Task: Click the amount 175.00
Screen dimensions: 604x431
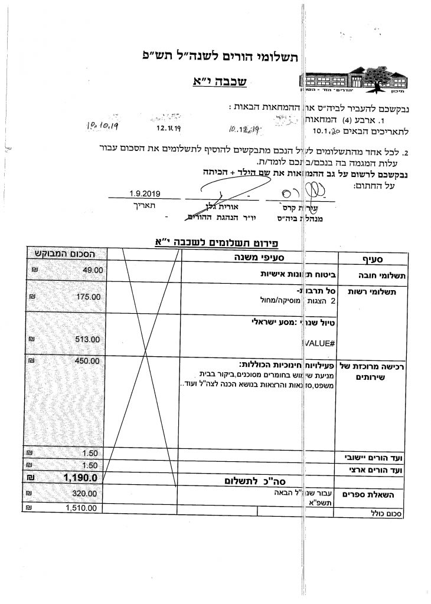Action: tap(89, 297)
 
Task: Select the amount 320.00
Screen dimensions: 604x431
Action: tap(83, 493)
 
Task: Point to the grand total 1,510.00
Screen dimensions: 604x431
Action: tap(81, 507)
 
